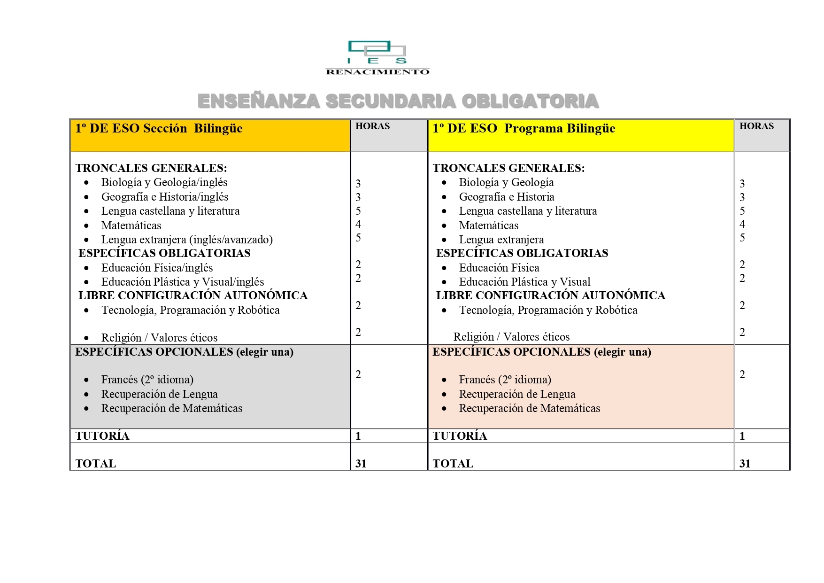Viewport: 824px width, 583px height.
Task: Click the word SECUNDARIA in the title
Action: click(x=391, y=101)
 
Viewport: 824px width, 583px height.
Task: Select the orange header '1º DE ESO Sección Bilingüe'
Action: click(x=159, y=129)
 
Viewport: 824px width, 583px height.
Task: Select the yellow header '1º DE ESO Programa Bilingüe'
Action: click(x=524, y=129)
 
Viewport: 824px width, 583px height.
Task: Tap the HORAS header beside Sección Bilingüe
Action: click(x=372, y=126)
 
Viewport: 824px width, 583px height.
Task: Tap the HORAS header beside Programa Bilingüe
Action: click(x=756, y=126)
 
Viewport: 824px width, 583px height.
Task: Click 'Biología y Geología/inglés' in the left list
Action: click(x=164, y=182)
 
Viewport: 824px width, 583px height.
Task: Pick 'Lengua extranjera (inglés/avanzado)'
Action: click(x=187, y=240)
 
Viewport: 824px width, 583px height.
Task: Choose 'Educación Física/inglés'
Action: click(x=157, y=268)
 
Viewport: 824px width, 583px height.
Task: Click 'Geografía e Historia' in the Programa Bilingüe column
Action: click(x=507, y=197)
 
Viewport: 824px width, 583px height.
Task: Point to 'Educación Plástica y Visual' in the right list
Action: click(x=524, y=282)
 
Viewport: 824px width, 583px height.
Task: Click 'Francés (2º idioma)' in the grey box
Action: click(x=147, y=380)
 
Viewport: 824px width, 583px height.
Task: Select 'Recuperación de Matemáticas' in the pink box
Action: click(x=529, y=408)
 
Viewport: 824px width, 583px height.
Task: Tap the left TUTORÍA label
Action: click(x=102, y=436)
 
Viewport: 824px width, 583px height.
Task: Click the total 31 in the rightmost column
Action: click(x=745, y=464)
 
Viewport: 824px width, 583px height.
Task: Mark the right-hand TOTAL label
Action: click(x=453, y=464)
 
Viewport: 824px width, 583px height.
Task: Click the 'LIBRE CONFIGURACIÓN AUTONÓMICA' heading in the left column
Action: click(x=193, y=295)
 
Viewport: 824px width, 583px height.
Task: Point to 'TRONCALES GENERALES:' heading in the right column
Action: click(x=508, y=168)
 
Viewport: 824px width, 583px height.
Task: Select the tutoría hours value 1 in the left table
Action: click(x=358, y=436)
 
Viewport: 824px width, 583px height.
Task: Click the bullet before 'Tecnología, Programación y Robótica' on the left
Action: click(x=86, y=311)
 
